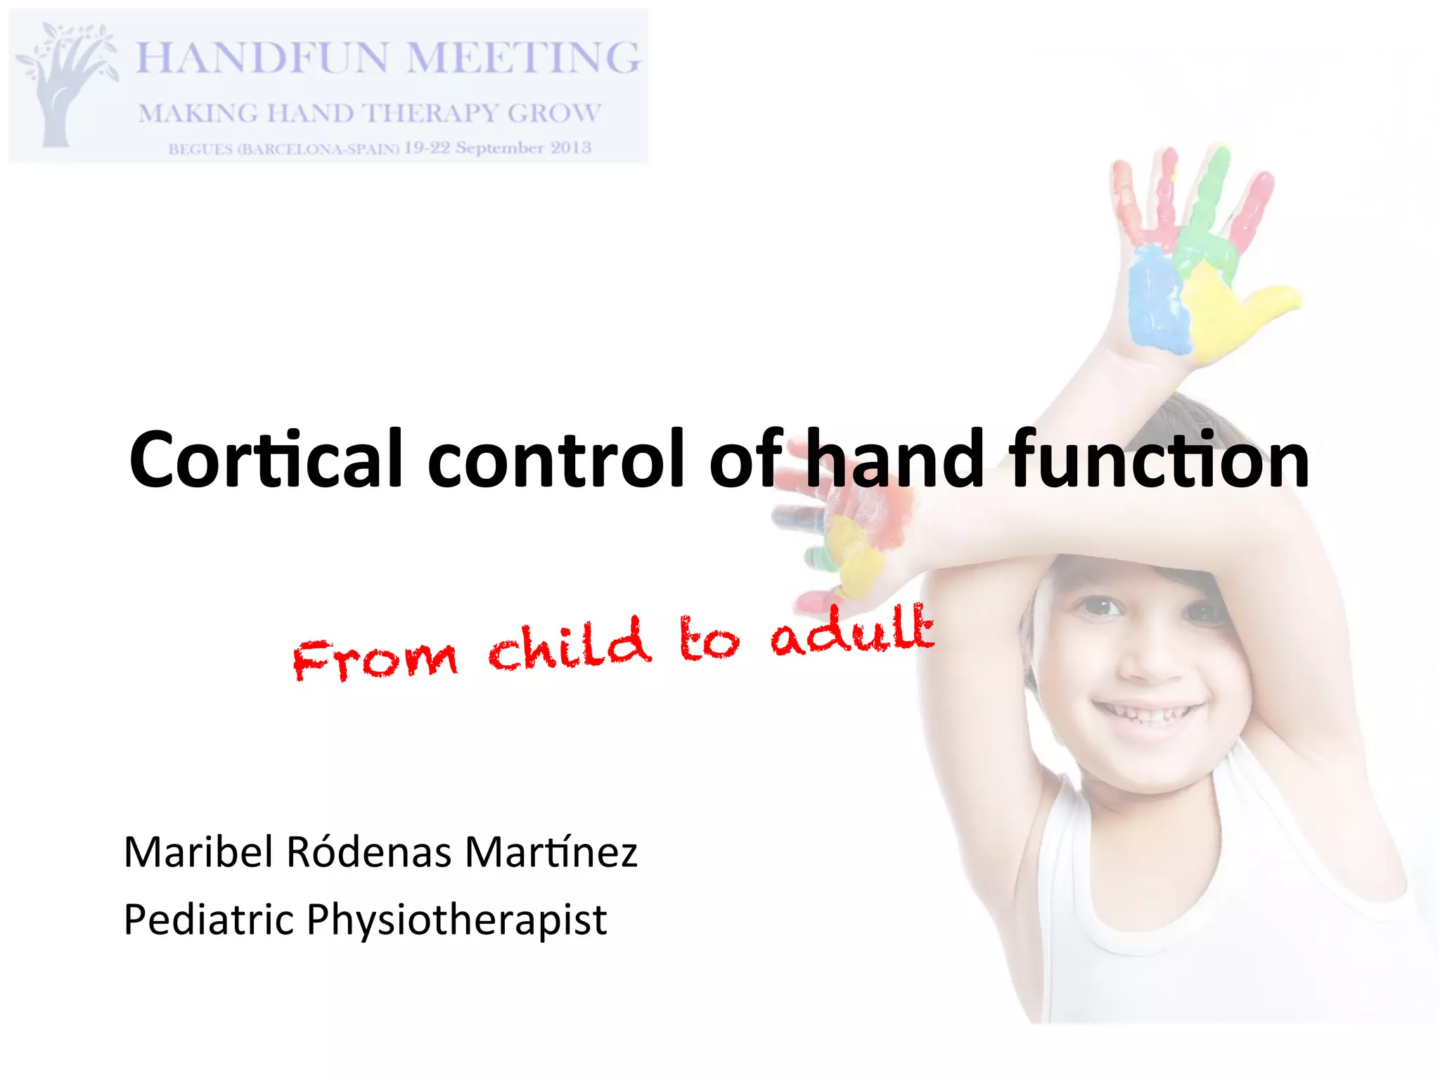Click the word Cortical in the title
click(266, 459)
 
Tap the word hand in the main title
click(894, 459)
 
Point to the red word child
click(570, 645)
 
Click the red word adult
click(851, 630)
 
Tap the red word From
click(375, 660)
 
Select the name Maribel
click(199, 852)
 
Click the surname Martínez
click(551, 852)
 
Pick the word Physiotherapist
click(456, 920)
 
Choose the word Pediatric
click(208, 920)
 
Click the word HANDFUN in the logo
click(261, 58)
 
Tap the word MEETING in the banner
click(524, 58)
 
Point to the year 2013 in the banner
click(570, 148)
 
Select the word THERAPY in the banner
click(430, 113)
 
